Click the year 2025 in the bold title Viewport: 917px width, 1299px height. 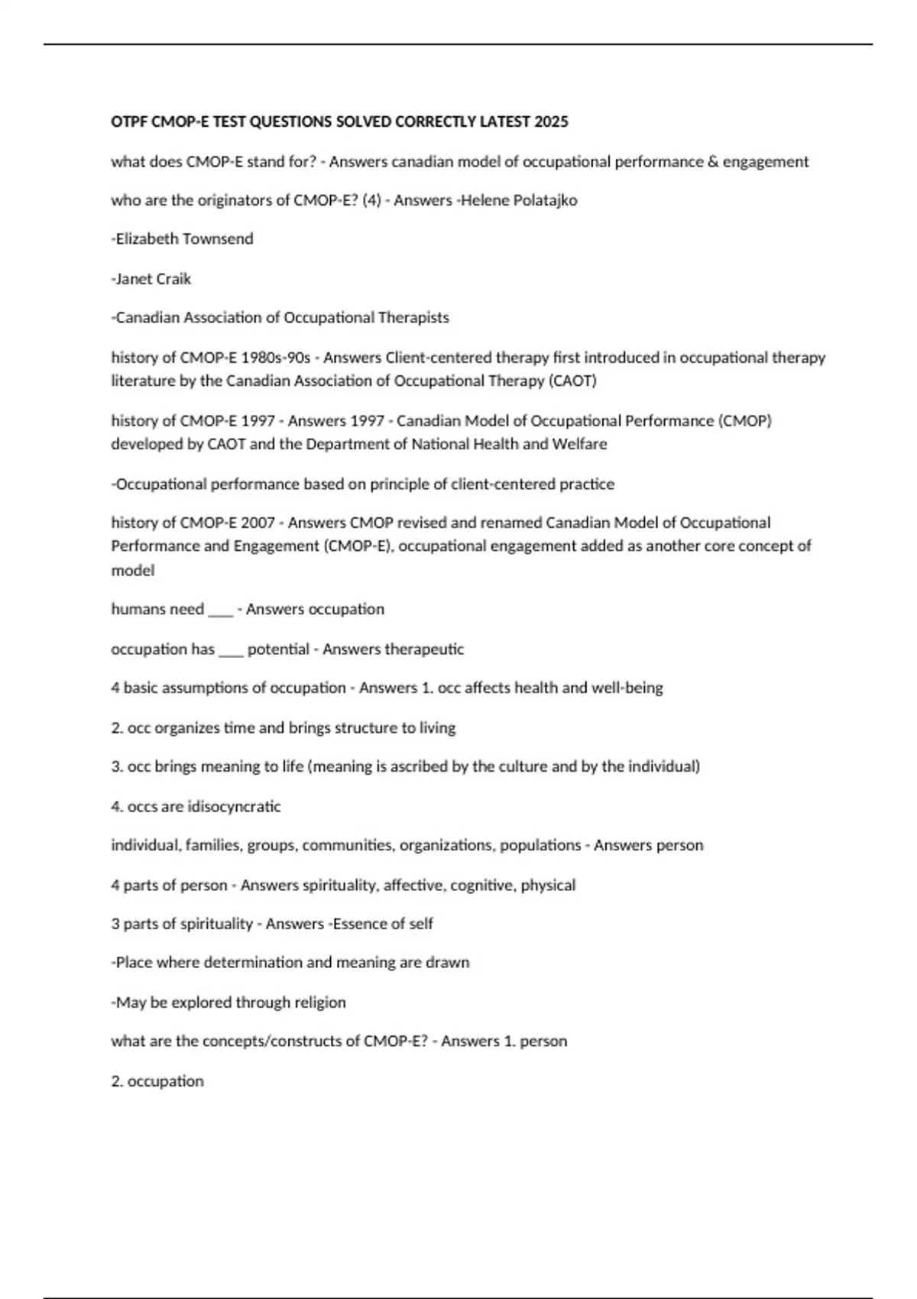[551, 122]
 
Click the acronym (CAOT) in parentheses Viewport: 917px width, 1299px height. [572, 381]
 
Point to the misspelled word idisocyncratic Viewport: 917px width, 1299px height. [234, 807]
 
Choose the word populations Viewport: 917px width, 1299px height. [540, 846]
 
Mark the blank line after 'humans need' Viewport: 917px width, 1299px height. [220, 610]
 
